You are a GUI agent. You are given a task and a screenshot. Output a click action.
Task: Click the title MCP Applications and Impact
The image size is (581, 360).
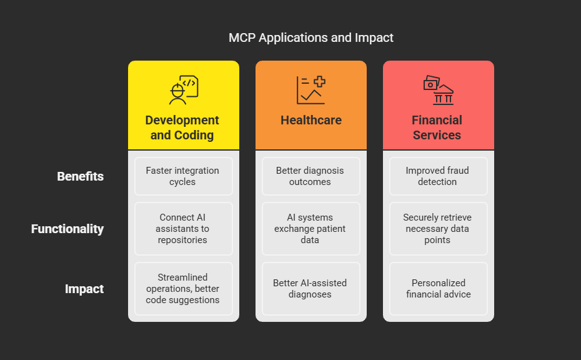(311, 37)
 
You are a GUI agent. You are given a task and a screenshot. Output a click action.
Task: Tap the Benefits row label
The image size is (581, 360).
(80, 176)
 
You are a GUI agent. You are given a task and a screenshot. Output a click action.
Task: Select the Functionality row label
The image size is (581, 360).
(67, 229)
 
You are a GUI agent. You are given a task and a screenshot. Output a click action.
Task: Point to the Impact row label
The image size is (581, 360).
(84, 289)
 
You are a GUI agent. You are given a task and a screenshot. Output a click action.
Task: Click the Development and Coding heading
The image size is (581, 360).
(182, 127)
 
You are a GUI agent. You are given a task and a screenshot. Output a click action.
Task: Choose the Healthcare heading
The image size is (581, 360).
(311, 120)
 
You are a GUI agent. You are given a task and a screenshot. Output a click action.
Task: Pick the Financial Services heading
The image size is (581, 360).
(437, 127)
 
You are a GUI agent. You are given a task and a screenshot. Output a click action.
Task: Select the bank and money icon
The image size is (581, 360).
(438, 90)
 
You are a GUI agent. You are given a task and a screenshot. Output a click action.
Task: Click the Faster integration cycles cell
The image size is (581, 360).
(184, 176)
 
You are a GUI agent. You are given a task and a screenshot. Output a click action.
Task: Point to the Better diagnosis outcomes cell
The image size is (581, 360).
(311, 176)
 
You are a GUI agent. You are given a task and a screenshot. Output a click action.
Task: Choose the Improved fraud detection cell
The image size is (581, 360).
(438, 176)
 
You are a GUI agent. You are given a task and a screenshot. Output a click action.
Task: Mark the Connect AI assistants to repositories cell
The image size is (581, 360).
(184, 229)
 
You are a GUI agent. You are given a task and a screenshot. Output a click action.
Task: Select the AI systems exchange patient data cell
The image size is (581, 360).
(311, 229)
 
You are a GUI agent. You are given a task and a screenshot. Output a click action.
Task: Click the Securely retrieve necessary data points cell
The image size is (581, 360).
(438, 229)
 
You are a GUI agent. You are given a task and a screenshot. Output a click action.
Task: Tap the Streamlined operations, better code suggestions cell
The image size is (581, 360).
(184, 289)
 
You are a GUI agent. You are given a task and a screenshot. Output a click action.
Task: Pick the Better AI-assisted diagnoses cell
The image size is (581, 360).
(311, 289)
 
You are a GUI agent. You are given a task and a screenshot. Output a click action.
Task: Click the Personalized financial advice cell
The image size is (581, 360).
(438, 289)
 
